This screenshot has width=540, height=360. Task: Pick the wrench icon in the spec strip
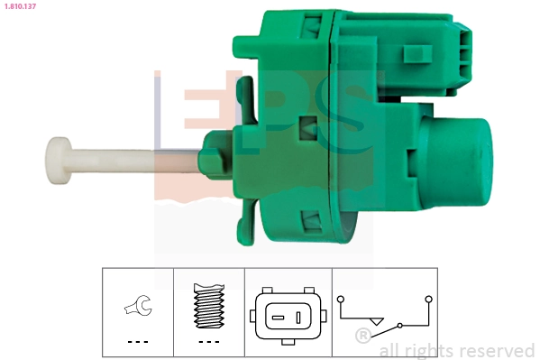(x=137, y=309)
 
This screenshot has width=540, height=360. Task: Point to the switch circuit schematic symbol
(x=385, y=312)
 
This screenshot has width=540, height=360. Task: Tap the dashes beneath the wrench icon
(x=137, y=342)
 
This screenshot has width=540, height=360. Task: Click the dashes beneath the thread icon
(x=208, y=342)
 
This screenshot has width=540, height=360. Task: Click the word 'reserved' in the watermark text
(x=495, y=350)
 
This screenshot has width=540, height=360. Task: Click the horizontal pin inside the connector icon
(x=278, y=318)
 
